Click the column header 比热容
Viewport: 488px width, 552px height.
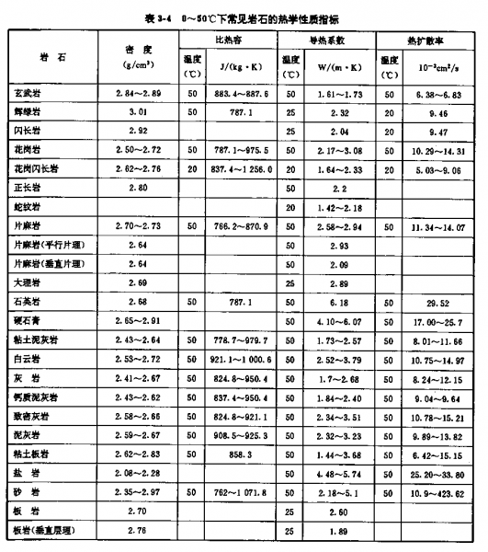tap(226, 40)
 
